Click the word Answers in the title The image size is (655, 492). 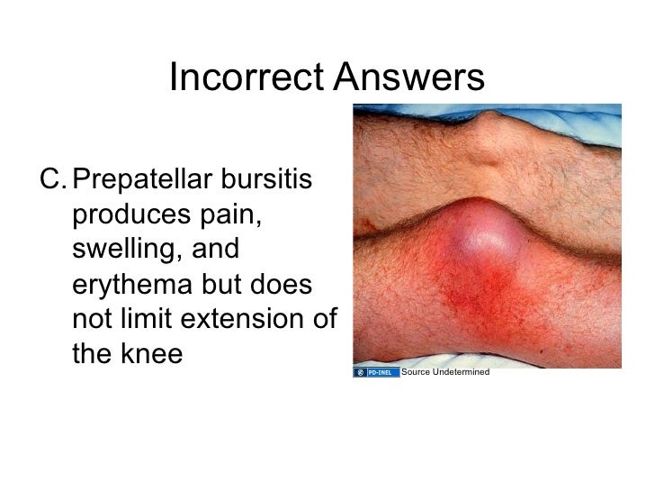[408, 78]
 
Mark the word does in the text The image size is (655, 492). [281, 286]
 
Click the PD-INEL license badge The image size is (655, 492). [376, 372]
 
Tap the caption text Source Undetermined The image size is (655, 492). [444, 372]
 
